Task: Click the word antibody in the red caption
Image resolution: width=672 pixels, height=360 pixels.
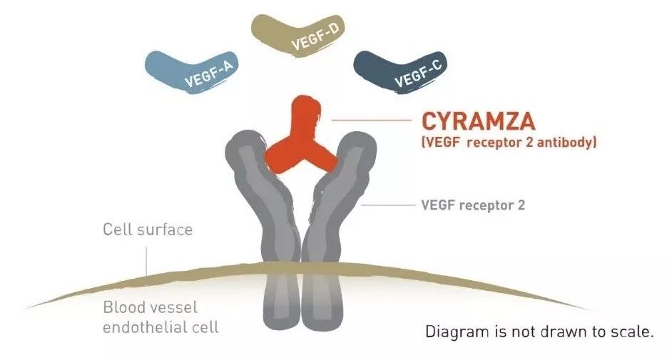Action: tap(566, 143)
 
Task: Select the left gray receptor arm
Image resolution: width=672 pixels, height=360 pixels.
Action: tap(253, 207)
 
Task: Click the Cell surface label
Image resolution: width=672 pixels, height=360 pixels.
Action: tap(148, 230)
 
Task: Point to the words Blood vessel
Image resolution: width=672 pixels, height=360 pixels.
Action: tap(150, 309)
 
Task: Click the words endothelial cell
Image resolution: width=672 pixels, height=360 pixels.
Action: tap(161, 328)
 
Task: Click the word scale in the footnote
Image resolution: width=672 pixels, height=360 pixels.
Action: tap(631, 332)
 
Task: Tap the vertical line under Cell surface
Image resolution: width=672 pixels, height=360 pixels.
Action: tap(146, 260)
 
